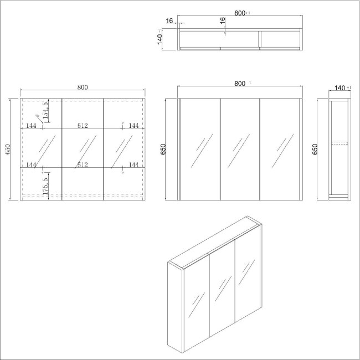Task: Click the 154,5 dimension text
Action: point(45,109)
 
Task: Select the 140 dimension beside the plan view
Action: point(160,39)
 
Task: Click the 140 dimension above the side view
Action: point(340,88)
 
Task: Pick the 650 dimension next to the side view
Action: point(315,149)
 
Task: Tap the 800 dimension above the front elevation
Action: point(239,84)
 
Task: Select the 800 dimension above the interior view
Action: point(83,87)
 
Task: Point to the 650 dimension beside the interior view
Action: point(8,150)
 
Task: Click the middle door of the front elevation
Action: point(240,149)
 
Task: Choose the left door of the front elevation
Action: point(199,149)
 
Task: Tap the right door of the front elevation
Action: point(280,149)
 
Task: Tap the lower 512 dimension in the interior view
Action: point(83,164)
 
